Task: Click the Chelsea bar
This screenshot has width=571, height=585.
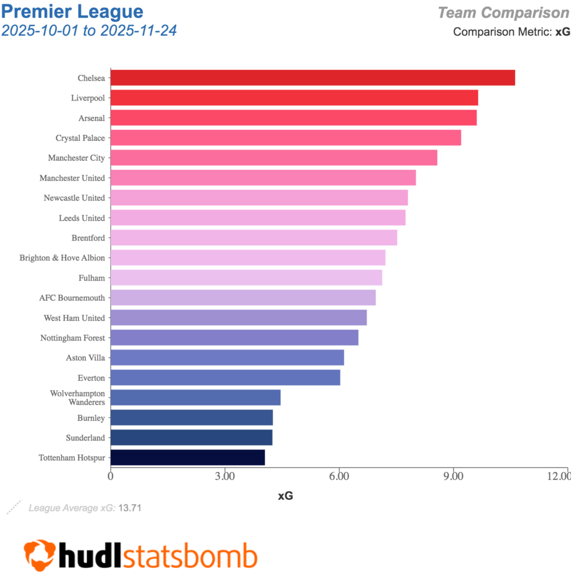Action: tap(313, 78)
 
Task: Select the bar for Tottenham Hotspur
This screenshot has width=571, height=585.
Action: tap(187, 458)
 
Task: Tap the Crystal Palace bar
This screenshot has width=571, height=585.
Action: tap(286, 138)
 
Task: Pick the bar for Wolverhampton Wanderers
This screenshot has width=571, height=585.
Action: tap(195, 398)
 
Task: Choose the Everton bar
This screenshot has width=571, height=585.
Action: tap(225, 378)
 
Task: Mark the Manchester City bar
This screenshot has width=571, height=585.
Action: tap(274, 158)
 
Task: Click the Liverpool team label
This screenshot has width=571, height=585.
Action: tap(88, 98)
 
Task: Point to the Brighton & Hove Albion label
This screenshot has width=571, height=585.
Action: tap(62, 258)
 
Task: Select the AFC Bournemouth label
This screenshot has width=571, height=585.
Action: tap(72, 298)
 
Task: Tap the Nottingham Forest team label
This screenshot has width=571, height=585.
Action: tap(73, 338)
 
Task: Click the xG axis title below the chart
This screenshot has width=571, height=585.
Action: tap(285, 496)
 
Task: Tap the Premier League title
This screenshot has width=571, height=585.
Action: tap(73, 11)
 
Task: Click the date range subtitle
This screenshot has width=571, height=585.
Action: tap(89, 30)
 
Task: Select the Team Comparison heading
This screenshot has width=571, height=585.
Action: tap(504, 13)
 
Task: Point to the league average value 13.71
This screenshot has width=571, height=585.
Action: tap(129, 507)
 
